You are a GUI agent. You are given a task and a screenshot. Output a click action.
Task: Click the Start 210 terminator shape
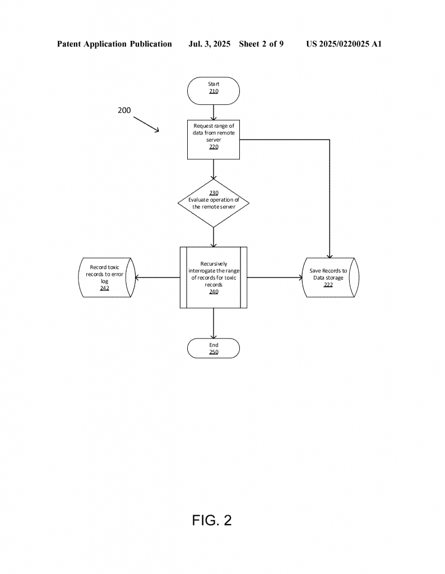[x=214, y=91]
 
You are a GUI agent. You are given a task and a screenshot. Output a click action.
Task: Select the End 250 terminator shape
[x=214, y=348]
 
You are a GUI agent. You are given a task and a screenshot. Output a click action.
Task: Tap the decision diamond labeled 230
[x=214, y=203]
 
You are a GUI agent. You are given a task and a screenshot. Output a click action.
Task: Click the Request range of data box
[x=214, y=140]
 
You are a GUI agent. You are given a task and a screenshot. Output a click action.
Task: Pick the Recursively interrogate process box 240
[x=214, y=277]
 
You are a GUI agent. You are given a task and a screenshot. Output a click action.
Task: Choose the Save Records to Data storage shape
[x=329, y=277]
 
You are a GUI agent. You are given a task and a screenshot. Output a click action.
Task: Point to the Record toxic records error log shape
[x=106, y=277]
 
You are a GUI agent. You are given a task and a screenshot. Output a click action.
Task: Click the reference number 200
[x=124, y=110]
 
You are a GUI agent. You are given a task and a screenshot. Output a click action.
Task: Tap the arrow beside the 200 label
[x=146, y=124]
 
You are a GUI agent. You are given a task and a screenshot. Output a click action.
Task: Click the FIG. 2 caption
[x=212, y=520]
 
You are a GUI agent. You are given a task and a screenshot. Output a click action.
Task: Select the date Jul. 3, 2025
[x=209, y=44]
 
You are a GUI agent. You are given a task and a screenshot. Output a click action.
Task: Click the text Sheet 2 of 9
[x=261, y=44]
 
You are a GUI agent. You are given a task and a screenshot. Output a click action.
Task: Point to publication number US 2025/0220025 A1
[x=344, y=44]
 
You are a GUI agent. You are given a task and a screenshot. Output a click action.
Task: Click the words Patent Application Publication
[x=114, y=44]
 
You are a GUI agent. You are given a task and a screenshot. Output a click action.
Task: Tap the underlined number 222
[x=328, y=285]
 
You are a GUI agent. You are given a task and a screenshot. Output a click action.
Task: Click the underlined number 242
[x=105, y=288]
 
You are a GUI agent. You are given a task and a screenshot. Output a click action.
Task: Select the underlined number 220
[x=214, y=147]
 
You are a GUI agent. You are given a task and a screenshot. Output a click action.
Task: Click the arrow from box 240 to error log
[x=157, y=277]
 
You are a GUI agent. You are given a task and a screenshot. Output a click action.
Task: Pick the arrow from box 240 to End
[x=214, y=323]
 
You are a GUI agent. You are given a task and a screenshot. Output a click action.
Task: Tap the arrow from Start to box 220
[x=214, y=112]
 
